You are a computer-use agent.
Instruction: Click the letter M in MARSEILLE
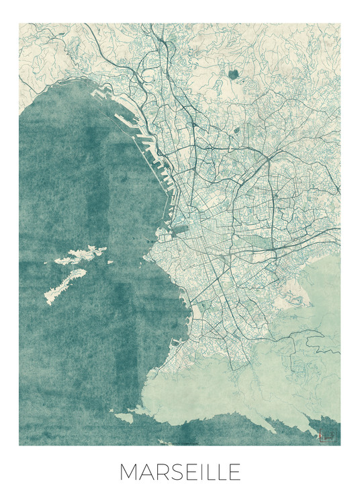tap(129, 472)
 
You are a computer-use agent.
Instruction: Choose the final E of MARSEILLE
tap(234, 472)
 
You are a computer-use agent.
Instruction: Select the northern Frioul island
tap(84, 254)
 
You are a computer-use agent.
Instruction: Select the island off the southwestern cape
tap(124, 418)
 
